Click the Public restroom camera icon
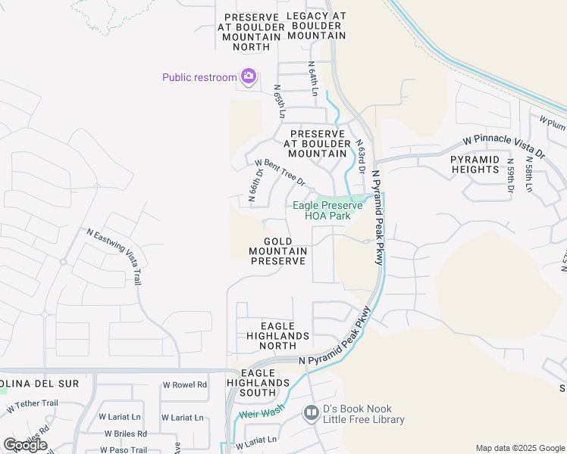pyautogui.click(x=248, y=76)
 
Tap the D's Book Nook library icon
pyautogui.click(x=311, y=413)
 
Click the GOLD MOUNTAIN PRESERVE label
pyautogui.click(x=278, y=251)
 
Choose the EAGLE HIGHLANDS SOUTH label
pyautogui.click(x=265, y=383)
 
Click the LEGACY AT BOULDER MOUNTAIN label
pyautogui.click(x=317, y=26)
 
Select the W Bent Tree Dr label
pyautogui.click(x=280, y=173)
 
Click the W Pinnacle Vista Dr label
pyautogui.click(x=504, y=148)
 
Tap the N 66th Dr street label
pyautogui.click(x=257, y=185)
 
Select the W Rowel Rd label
pyautogui.click(x=184, y=384)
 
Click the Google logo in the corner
pyautogui.click(x=25, y=445)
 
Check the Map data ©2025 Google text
pyautogui.click(x=520, y=448)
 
